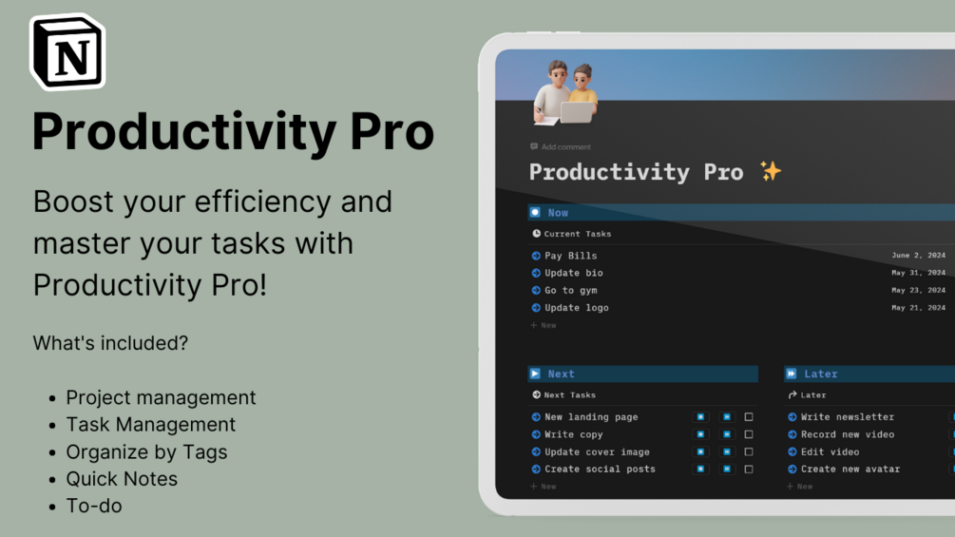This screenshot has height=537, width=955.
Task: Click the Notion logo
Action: (x=67, y=52)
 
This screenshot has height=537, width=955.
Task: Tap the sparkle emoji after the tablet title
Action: (x=770, y=171)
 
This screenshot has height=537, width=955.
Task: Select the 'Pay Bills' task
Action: (x=570, y=256)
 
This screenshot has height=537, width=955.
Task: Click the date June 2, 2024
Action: (x=918, y=256)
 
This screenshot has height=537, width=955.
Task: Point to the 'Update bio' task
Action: (x=573, y=273)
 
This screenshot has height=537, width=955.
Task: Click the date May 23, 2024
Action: (x=918, y=290)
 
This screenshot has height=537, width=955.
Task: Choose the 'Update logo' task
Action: (x=576, y=308)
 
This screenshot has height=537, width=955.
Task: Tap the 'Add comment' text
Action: (x=565, y=147)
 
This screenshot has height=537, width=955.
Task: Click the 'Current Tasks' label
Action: (x=577, y=234)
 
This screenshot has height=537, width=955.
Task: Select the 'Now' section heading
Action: (x=558, y=213)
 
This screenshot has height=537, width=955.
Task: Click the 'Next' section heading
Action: (x=561, y=374)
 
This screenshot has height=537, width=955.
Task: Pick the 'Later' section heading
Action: (x=820, y=374)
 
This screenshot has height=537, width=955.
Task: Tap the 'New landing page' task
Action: (x=590, y=417)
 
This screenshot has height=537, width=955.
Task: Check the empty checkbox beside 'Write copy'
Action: (x=749, y=434)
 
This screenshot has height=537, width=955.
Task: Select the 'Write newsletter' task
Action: (x=847, y=417)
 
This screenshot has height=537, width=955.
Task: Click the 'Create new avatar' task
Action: (x=850, y=469)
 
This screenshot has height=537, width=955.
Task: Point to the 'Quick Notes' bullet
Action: (x=122, y=479)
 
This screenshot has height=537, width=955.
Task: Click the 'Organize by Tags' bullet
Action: (x=146, y=451)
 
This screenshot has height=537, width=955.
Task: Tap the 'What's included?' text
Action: (x=110, y=343)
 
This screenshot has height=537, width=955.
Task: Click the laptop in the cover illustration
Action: (x=576, y=112)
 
